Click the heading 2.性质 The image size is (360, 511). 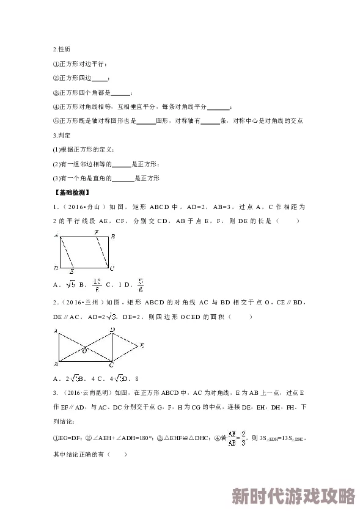[61, 49]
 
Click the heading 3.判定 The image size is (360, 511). [62, 135]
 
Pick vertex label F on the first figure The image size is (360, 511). [96, 233]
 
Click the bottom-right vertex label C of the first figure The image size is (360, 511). [112, 268]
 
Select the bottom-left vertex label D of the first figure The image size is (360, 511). [56, 268]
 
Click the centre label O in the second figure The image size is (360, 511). [84, 350]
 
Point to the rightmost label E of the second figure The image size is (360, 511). [142, 346]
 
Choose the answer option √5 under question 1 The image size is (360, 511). [71, 284]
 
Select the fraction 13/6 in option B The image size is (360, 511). [96, 284]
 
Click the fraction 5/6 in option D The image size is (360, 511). [141, 284]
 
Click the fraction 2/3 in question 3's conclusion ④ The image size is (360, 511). [243, 438]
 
